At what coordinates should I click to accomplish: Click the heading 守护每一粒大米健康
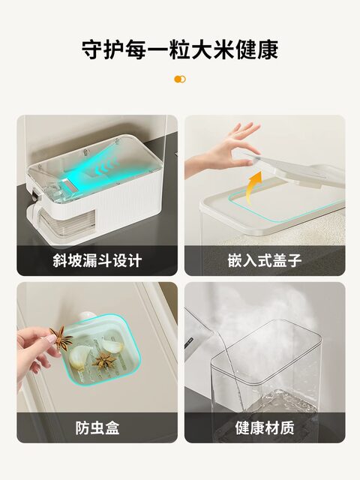pyautogui.click(x=180, y=50)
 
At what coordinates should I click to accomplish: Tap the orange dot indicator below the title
pyautogui.click(x=180, y=79)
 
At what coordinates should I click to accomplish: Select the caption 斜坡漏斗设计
pyautogui.click(x=97, y=261)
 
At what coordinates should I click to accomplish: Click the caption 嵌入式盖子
pyautogui.click(x=265, y=261)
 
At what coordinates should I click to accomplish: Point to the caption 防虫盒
pyautogui.click(x=97, y=428)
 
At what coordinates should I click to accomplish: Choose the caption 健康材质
pyautogui.click(x=265, y=428)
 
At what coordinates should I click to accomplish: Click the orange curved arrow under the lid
pyautogui.click(x=254, y=181)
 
